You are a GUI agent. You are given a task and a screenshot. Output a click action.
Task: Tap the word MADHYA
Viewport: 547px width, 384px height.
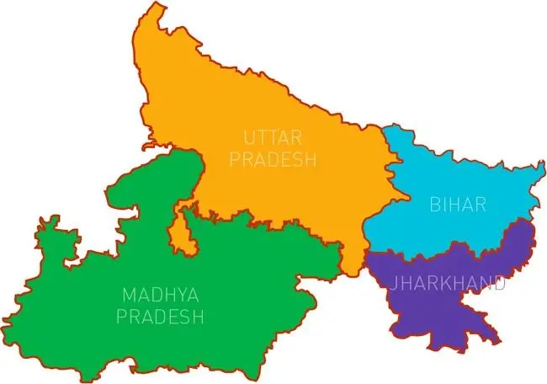(161, 296)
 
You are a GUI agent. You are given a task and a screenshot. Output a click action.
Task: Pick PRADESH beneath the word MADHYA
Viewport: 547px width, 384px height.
(161, 317)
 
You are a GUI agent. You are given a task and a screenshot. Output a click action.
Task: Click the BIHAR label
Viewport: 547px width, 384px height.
(458, 204)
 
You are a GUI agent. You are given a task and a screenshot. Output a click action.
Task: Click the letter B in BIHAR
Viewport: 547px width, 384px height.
(433, 204)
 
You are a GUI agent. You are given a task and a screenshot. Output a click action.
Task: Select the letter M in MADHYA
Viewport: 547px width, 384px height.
(127, 296)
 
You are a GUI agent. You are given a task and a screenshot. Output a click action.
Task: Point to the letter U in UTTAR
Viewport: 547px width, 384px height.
(248, 137)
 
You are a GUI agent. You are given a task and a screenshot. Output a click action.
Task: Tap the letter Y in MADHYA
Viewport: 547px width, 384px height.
(179, 296)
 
